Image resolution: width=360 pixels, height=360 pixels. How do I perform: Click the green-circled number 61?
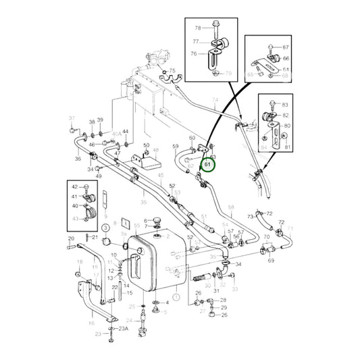coord(209,164)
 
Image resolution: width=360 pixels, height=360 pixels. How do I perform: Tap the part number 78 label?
coord(198,28)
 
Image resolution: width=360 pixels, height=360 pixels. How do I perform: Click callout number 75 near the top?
coord(172,71)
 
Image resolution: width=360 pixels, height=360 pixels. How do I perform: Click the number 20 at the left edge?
coord(70,238)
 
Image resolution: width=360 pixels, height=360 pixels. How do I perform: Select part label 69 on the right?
coord(271,259)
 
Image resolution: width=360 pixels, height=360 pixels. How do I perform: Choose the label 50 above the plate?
coord(146,145)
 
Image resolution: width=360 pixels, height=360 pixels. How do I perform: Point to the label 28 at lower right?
coord(224,299)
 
